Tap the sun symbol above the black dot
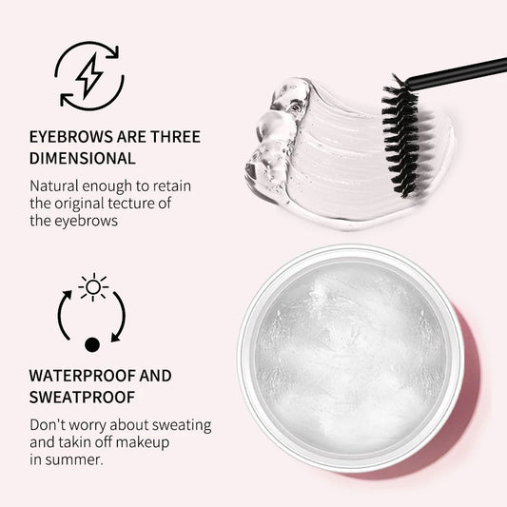tap(93, 286)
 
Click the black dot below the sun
tap(92, 344)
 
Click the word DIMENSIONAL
tap(83, 158)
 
